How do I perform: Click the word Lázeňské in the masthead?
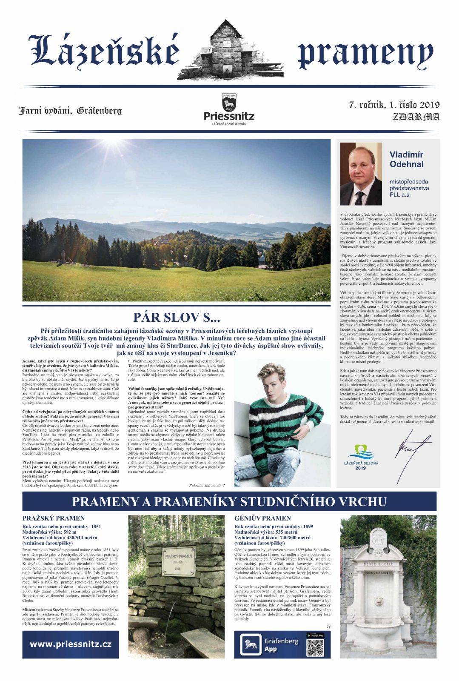(x=104, y=52)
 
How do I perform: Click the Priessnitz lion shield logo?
(x=229, y=103)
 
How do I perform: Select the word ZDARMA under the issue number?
(x=416, y=117)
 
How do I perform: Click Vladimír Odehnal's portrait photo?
(x=361, y=173)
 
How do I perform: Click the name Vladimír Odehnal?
(x=406, y=159)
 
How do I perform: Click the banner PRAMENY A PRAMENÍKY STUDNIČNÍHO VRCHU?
(x=229, y=501)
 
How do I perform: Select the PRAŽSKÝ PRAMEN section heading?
(x=53, y=518)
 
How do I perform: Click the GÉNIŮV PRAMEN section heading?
(x=262, y=518)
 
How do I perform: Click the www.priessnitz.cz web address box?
(x=70, y=644)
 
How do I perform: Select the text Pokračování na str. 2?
(x=207, y=485)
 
